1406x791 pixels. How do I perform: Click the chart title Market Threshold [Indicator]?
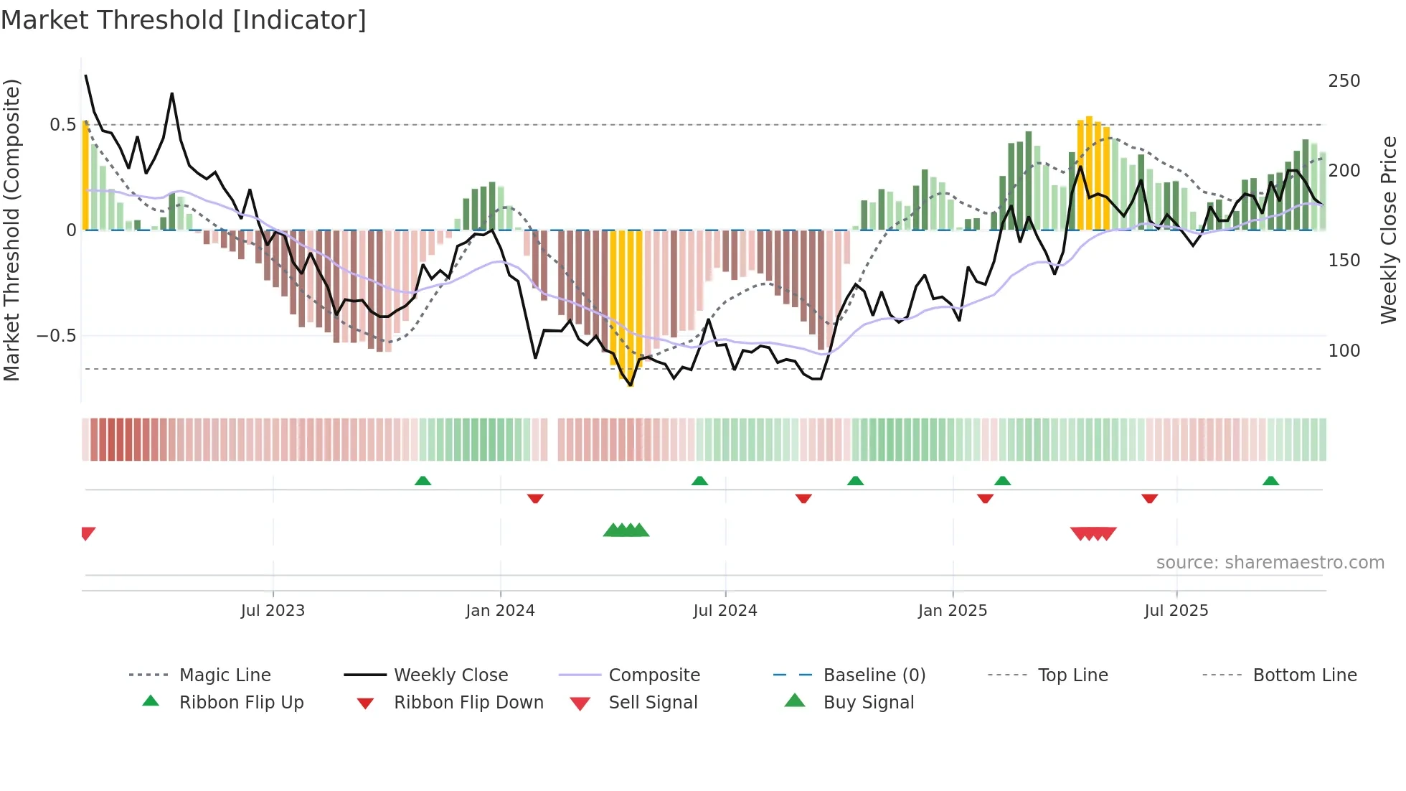tap(184, 20)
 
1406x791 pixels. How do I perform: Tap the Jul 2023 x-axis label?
tap(273, 611)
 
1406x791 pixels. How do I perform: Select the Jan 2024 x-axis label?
tap(500, 611)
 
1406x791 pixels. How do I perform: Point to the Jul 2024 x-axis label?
tap(725, 611)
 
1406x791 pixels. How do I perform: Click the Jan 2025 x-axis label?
tap(952, 611)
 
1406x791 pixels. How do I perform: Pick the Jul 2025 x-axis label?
tap(1176, 611)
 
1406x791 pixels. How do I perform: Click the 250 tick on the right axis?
tap(1344, 81)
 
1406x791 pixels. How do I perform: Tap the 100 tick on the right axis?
tap(1344, 351)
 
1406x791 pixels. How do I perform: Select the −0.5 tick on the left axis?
tap(56, 336)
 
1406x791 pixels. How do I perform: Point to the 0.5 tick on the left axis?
tap(62, 125)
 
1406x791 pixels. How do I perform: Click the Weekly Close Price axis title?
tap(1389, 230)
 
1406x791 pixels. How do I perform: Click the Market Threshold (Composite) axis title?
tap(11, 230)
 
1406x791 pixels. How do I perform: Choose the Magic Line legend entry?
tap(225, 675)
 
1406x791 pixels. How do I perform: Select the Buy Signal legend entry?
tap(868, 703)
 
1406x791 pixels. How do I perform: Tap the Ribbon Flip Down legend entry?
tap(468, 703)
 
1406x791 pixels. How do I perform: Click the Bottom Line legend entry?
tap(1304, 675)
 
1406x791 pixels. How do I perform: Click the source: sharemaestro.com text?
tap(1270, 563)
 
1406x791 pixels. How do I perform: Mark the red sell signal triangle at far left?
tap(88, 533)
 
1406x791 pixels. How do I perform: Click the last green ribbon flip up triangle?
tap(1270, 481)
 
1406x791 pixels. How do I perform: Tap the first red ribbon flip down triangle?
tap(535, 498)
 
